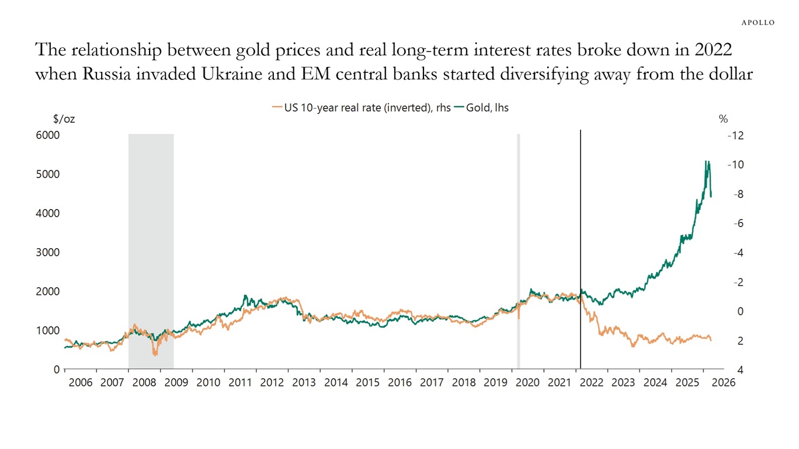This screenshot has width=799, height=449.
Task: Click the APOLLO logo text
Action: click(x=758, y=22)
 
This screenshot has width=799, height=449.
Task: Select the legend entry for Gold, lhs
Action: click(x=486, y=107)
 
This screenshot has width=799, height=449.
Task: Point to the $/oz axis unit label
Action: click(x=64, y=119)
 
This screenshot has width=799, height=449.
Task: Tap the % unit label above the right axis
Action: click(x=723, y=119)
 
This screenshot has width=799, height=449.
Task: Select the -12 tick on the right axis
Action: click(x=735, y=135)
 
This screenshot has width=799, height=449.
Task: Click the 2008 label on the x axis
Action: click(x=144, y=383)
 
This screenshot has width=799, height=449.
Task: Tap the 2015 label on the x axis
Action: click(x=367, y=383)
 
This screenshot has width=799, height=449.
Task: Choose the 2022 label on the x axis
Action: click(x=592, y=383)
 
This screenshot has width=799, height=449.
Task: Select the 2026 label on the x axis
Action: click(x=720, y=383)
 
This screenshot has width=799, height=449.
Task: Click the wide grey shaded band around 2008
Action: click(x=151, y=234)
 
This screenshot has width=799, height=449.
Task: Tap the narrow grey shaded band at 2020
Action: click(x=518, y=234)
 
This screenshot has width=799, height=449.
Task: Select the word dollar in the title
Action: click(x=729, y=75)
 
